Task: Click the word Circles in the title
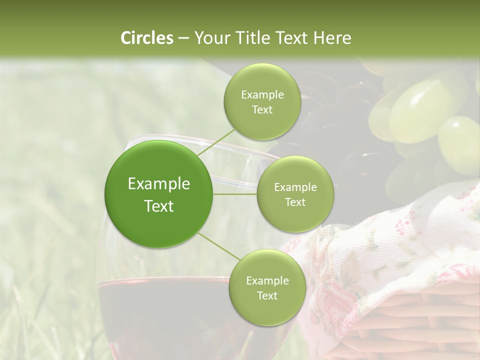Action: [x=147, y=38]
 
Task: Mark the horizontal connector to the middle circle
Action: [x=234, y=194]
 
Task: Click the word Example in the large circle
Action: [x=159, y=184]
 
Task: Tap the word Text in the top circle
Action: [x=262, y=110]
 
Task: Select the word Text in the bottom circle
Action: [x=267, y=295]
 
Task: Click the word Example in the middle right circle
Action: [x=295, y=187]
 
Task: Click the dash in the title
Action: [x=183, y=38]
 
